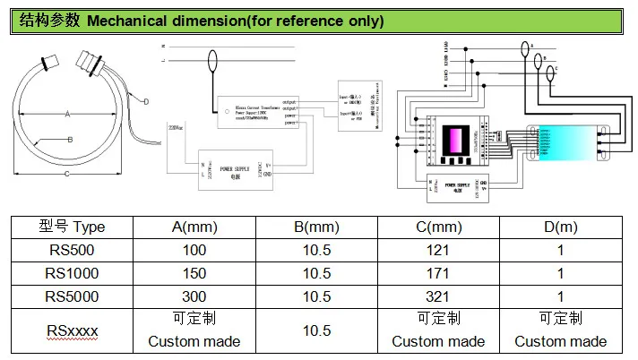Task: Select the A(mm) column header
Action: click(x=194, y=227)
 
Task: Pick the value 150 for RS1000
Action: click(x=194, y=273)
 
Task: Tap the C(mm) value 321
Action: click(x=438, y=296)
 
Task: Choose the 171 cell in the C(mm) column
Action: click(x=438, y=273)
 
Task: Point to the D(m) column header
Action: click(x=560, y=227)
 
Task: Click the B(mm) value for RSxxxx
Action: click(x=316, y=330)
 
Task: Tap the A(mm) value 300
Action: click(x=194, y=296)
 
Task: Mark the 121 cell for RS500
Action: click(x=438, y=251)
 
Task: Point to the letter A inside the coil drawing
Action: click(x=67, y=114)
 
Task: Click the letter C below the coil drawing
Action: click(x=67, y=174)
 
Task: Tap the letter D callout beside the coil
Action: click(x=145, y=101)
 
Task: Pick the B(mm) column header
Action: click(x=316, y=227)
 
